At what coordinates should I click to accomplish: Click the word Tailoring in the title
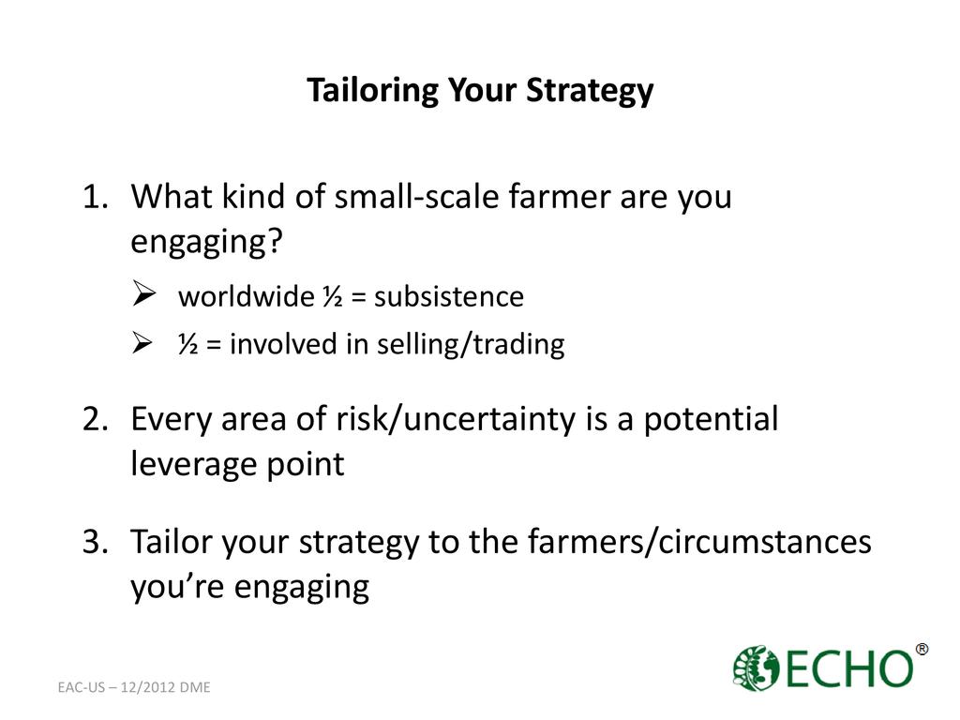coord(372,91)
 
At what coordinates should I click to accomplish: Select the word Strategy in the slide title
coord(590,91)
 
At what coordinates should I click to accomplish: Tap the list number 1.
coord(95,197)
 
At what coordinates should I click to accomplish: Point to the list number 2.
coord(96,419)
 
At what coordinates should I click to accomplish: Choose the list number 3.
coord(96,542)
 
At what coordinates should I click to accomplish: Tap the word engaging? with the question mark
coord(206,242)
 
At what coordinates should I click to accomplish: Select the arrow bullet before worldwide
coord(143,293)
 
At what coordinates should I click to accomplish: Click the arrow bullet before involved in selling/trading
coord(142,342)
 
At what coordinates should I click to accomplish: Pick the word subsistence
coord(449,297)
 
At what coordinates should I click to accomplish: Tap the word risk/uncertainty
coord(456,419)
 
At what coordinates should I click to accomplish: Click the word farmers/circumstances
coord(699,542)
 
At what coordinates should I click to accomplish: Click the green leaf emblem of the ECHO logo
coord(756,667)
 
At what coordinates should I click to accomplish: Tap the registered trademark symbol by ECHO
coord(922,649)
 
